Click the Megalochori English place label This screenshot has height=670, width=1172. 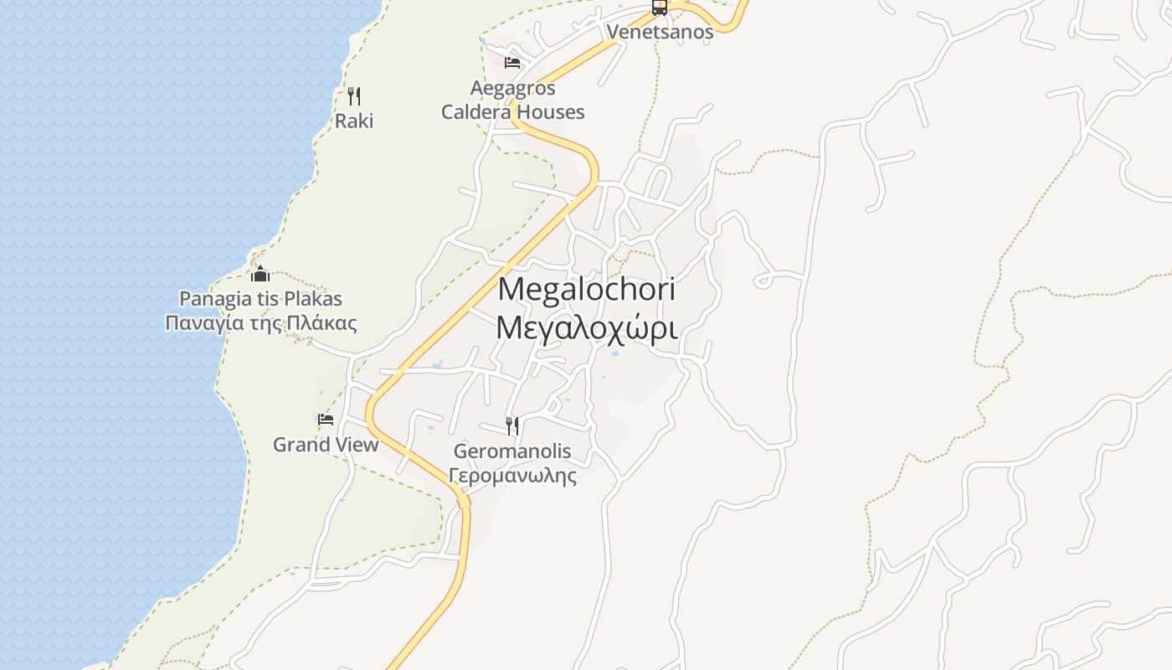coord(586,290)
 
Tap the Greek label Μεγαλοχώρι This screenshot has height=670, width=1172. coord(586,328)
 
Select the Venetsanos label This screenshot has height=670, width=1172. coord(660,32)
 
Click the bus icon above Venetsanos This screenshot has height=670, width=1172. coord(660,8)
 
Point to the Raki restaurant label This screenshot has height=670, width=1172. coord(354,121)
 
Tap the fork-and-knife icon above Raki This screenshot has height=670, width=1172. coord(354,96)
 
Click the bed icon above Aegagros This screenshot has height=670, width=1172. coord(512,62)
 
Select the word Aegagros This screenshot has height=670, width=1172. coord(512,88)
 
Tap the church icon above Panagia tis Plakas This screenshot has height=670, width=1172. coord(260,274)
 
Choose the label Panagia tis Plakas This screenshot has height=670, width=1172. coord(260,299)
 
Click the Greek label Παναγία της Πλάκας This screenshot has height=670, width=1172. coord(260,324)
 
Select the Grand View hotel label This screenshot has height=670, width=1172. coord(326,445)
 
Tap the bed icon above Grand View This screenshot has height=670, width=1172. coord(326,420)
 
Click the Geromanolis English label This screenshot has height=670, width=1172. coord(512,451)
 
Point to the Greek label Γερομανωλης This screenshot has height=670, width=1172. coord(512,477)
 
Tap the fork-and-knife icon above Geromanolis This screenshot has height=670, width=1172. coord(512,426)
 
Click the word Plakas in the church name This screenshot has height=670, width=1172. coord(313,299)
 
